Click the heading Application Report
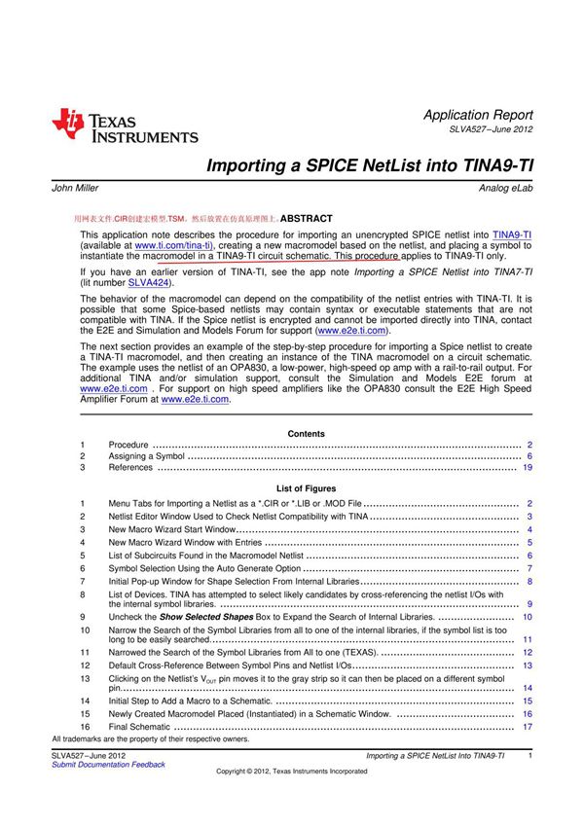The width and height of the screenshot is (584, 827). coord(478,115)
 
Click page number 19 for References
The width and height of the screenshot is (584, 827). coord(527,468)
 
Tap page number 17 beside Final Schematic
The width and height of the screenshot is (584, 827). coord(528,727)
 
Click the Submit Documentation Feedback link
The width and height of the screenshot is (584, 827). coord(107,765)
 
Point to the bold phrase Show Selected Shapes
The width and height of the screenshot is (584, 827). coord(203,617)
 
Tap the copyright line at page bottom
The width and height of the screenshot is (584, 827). coord(292,772)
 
